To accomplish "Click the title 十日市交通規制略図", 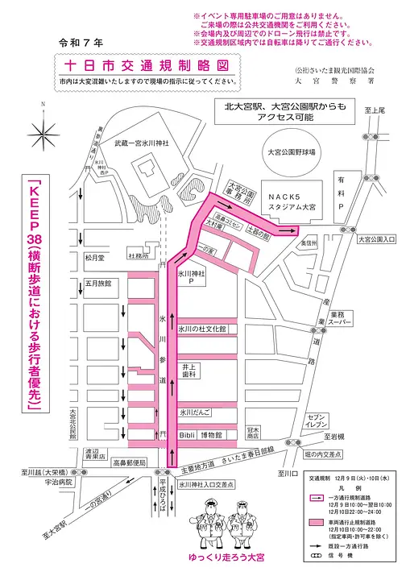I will pyautogui.click(x=150, y=64).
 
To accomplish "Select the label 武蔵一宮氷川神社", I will pyautogui.click(x=141, y=143).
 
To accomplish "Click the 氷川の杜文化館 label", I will pyautogui.click(x=202, y=329).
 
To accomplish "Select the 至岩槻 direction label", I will pyautogui.click(x=333, y=437).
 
